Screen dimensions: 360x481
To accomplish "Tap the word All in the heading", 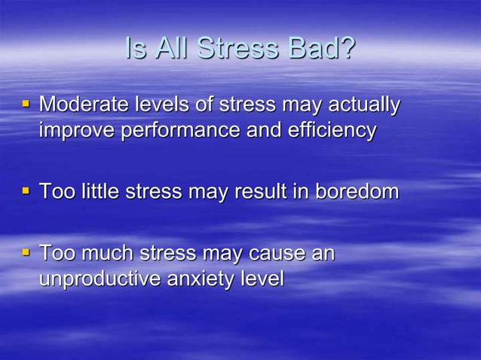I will click(x=171, y=48).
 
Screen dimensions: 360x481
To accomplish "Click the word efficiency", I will click(x=331, y=130).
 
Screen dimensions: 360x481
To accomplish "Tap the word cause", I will click(x=274, y=253).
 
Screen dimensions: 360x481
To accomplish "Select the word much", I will click(x=102, y=253).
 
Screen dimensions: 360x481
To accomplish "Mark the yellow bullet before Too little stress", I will click(x=26, y=191).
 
